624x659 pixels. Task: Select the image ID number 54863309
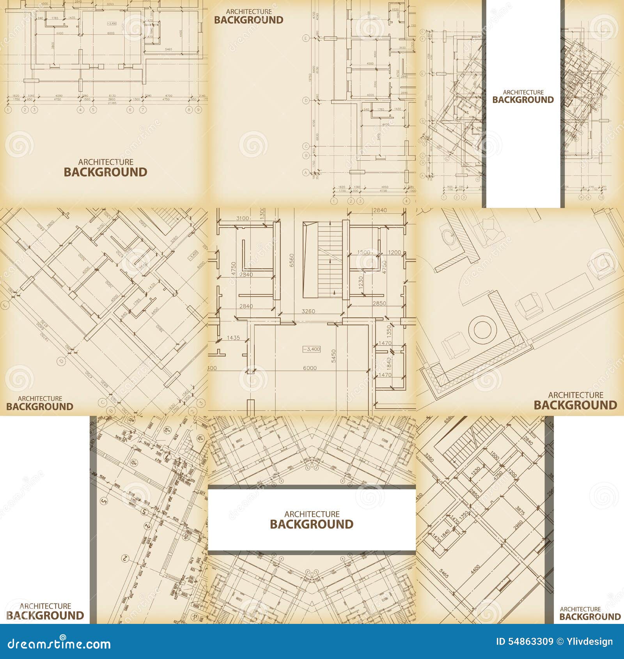(x=525, y=642)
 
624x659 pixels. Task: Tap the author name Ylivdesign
(x=589, y=642)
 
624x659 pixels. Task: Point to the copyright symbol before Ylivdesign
(x=560, y=642)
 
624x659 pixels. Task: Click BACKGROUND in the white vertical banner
(x=523, y=100)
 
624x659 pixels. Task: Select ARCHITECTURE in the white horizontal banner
(x=312, y=514)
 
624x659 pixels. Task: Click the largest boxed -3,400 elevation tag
(x=311, y=349)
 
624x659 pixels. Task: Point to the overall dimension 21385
(x=112, y=103)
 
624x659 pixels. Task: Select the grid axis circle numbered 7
(x=143, y=110)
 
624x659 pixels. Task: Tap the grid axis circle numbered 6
(x=130, y=110)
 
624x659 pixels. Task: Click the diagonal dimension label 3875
(x=520, y=511)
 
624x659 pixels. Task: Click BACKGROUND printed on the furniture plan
(x=575, y=405)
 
